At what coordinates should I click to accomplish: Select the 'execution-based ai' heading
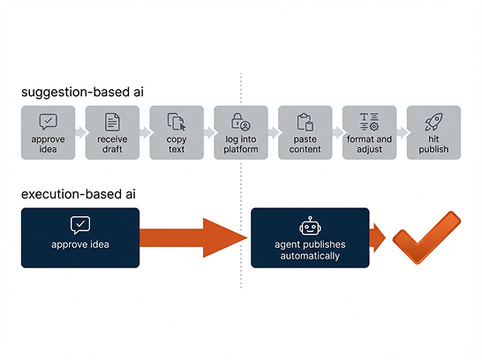[80, 192]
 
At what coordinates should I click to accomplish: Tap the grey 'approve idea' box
[48, 132]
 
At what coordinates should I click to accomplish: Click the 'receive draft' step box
[112, 132]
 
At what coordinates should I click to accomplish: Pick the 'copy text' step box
[177, 132]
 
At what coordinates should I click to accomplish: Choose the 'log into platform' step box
[241, 132]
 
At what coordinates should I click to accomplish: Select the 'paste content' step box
[305, 132]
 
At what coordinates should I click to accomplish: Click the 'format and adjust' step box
[370, 132]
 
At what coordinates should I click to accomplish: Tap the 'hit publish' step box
[433, 132]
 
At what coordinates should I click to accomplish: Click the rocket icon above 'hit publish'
[433, 122]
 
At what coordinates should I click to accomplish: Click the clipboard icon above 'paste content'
[305, 122]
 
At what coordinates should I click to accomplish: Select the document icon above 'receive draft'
[112, 122]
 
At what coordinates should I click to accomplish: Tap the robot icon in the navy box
[310, 226]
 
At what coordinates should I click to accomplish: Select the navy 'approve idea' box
[80, 237]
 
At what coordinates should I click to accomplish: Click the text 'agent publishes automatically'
[310, 251]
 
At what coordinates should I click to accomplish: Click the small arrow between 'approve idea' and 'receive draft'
[80, 132]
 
